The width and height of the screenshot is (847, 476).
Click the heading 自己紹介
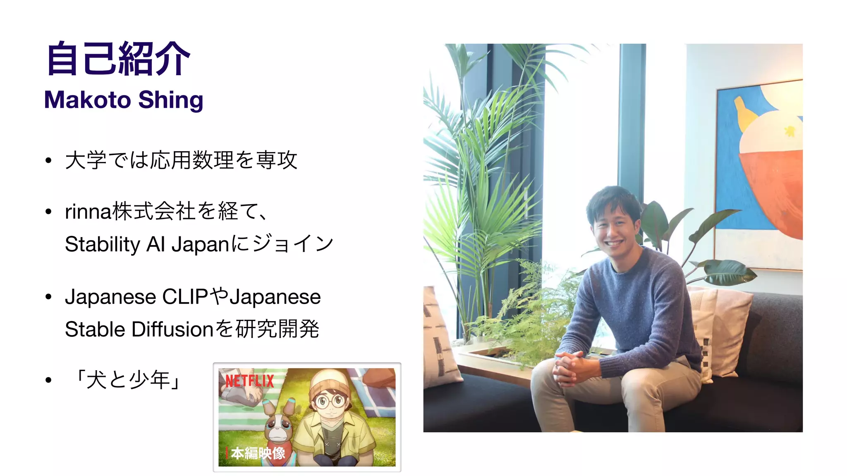tap(118, 59)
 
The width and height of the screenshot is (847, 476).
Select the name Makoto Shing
tap(124, 100)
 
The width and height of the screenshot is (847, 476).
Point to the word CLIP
tap(185, 297)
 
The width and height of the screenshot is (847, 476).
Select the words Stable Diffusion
tap(139, 329)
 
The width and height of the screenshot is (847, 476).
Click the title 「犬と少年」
tap(129, 380)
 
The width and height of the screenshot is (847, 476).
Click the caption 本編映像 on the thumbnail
tap(258, 453)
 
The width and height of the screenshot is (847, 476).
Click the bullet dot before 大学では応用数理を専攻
tap(48, 160)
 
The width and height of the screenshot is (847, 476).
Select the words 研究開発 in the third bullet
tap(277, 329)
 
